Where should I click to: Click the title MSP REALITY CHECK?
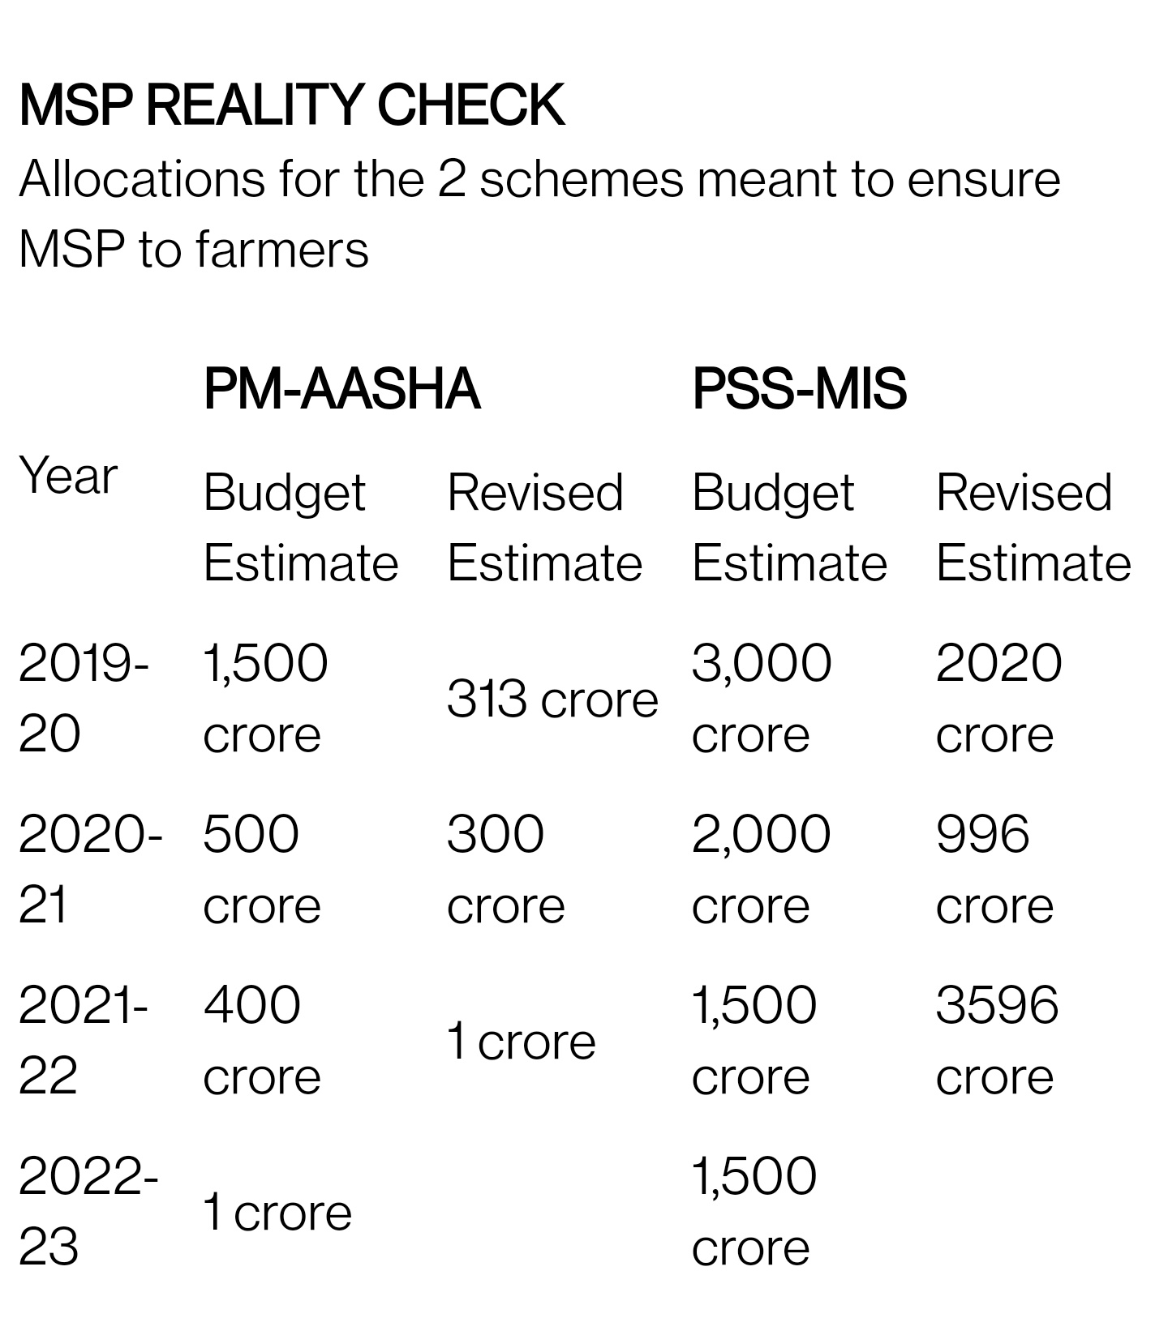tap(291, 105)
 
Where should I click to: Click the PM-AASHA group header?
tap(341, 389)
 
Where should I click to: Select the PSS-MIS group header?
tap(799, 389)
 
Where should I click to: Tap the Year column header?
tap(68, 476)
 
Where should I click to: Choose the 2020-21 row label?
tap(89, 869)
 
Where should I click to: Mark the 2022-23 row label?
tap(88, 1211)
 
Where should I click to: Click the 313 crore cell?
tap(552, 700)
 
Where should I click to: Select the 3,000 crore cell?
tap(762, 698)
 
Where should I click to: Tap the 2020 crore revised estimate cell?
tap(998, 698)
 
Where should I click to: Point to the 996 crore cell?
tap(994, 869)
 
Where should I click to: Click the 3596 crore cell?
tap(997, 1040)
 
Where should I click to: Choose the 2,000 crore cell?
tap(761, 869)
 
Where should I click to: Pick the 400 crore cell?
tap(261, 1040)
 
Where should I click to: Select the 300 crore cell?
tap(505, 869)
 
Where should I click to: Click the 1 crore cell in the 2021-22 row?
tap(521, 1042)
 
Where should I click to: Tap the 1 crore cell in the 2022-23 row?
tap(277, 1213)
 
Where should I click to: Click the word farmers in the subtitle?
tap(281, 250)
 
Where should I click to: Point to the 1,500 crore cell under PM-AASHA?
tap(265, 698)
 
